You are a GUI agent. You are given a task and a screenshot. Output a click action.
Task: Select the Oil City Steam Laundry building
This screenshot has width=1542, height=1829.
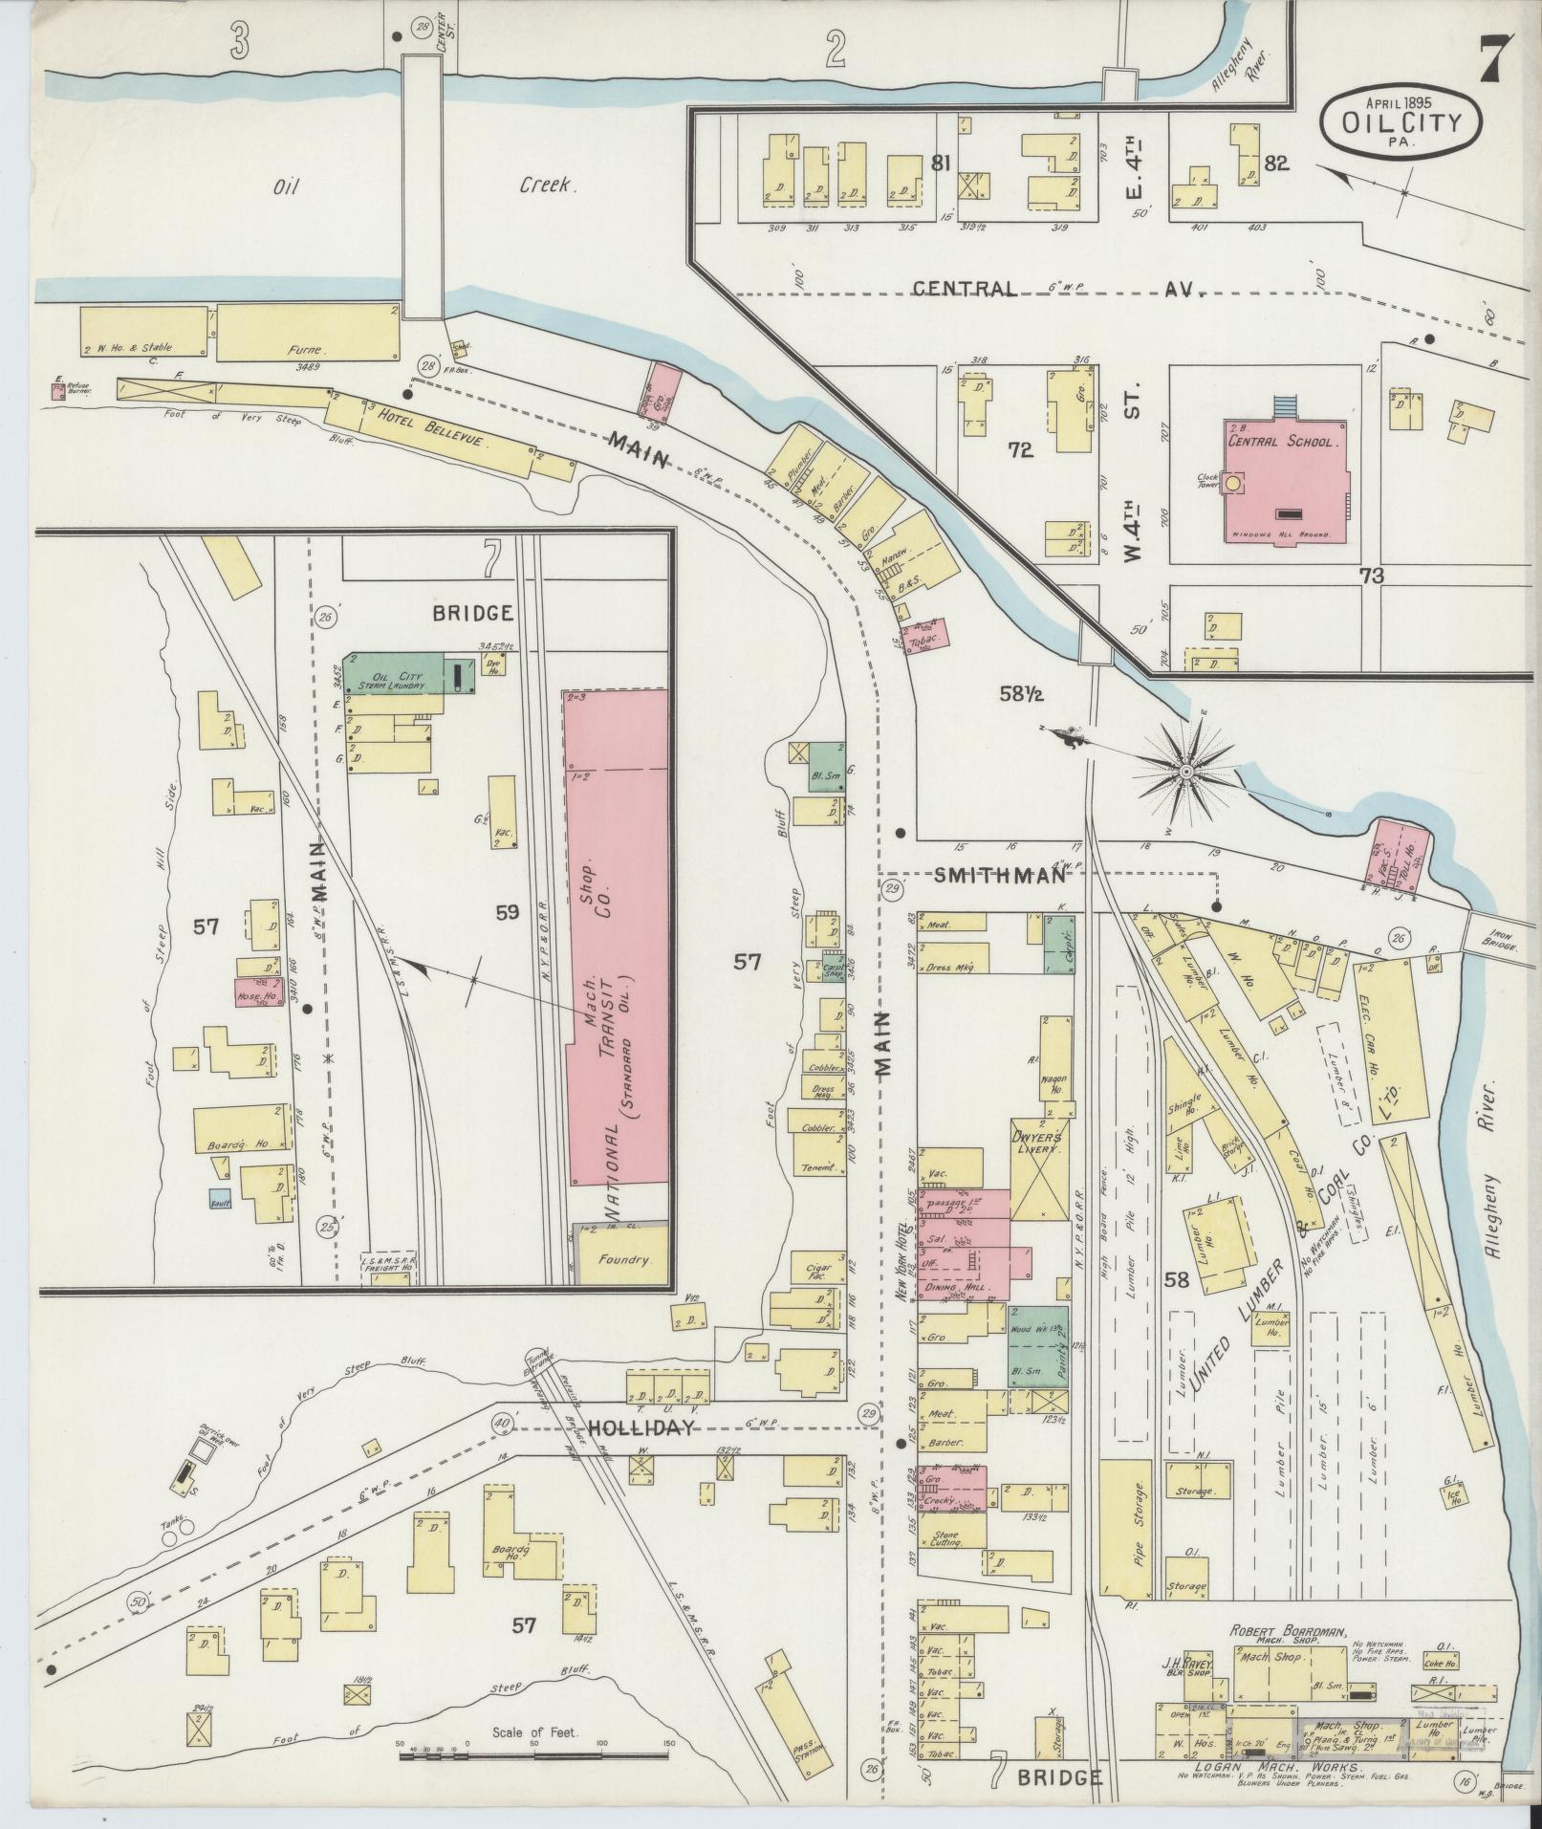click(393, 675)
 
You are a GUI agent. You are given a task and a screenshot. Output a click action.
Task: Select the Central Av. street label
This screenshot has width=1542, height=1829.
click(1052, 289)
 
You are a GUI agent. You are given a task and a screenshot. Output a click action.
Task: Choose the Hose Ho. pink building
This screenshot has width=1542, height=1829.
click(256, 993)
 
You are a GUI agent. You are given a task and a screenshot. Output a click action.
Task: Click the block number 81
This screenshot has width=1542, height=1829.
click(941, 163)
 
